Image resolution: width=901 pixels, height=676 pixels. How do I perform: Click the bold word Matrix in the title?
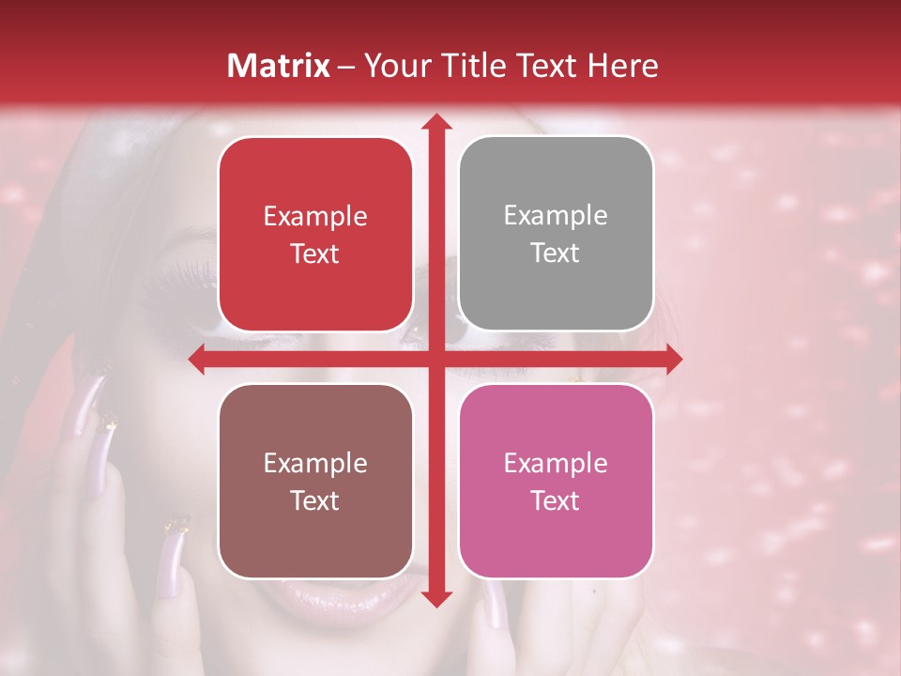(x=279, y=66)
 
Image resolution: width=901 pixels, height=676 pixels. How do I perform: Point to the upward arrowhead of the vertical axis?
(x=435, y=122)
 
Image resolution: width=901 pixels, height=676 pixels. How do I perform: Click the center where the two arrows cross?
(x=435, y=360)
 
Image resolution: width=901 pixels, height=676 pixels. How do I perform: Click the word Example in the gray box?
(x=556, y=216)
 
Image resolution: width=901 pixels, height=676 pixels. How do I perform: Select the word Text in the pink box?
(x=556, y=500)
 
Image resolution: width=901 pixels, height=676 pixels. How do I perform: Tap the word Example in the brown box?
(x=315, y=463)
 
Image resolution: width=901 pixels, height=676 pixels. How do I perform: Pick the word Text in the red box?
(x=315, y=253)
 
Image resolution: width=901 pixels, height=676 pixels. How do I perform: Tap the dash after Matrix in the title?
(x=346, y=67)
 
